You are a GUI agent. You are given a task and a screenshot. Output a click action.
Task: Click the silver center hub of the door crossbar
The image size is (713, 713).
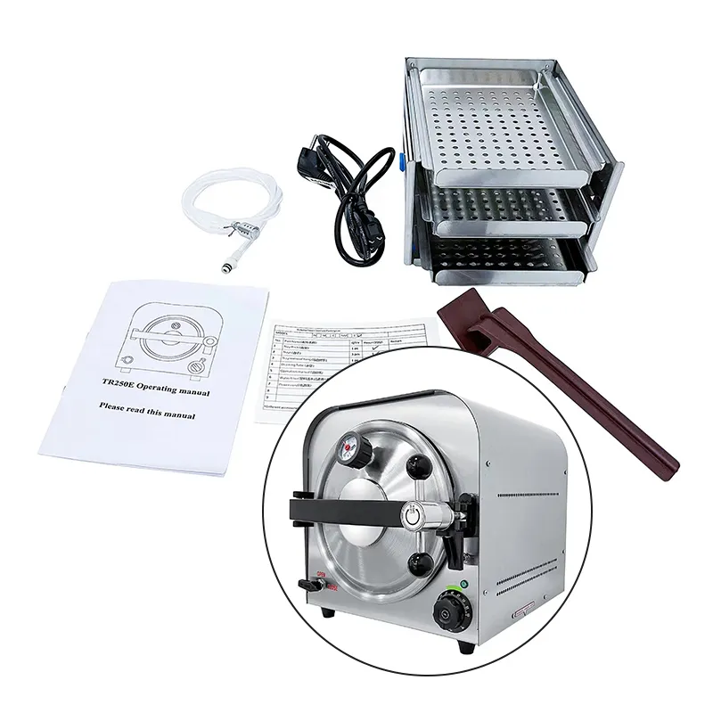(413, 515)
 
